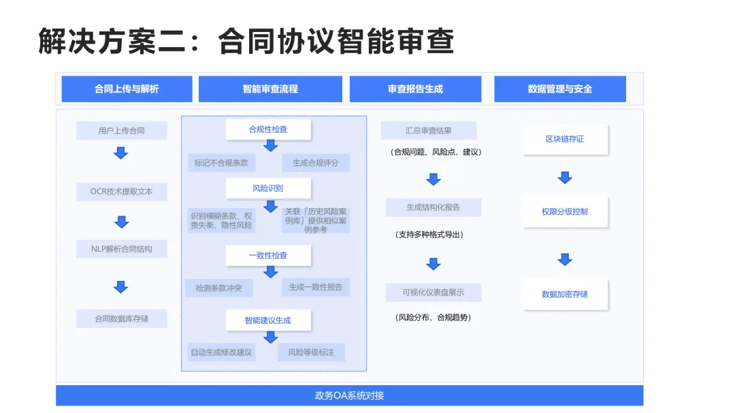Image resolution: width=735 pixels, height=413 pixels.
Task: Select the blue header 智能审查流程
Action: pos(270,89)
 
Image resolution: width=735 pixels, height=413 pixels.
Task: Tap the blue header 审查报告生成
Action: pos(415,89)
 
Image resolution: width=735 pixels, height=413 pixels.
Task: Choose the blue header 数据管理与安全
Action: pos(560,89)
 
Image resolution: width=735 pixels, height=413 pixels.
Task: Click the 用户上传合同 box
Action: pos(122,131)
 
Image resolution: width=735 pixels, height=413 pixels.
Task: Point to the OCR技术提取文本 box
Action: pos(122,192)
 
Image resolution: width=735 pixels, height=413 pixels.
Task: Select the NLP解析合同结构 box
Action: pos(122,249)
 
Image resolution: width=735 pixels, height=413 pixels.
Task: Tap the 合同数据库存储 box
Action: pos(122,318)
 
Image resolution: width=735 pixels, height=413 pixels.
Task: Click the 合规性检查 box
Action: pos(268,129)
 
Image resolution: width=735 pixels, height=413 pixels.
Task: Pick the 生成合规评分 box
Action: pos(316,163)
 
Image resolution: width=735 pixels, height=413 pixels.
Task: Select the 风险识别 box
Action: pos(268,188)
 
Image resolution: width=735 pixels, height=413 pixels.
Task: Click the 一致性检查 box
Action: pos(268,256)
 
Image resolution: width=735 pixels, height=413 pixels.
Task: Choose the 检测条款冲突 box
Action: pos(219,288)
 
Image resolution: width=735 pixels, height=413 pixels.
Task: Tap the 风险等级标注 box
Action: pos(312,352)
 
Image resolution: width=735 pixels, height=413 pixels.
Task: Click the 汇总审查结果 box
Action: pos(429,131)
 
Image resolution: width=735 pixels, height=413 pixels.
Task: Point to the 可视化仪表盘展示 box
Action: pos(434,293)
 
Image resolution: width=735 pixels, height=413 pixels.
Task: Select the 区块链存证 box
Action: pos(565,139)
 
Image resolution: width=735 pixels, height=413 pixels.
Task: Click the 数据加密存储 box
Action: pos(565,295)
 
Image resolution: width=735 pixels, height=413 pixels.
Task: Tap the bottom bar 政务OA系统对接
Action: pos(349,395)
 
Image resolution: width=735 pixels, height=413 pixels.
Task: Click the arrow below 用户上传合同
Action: pos(121,153)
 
